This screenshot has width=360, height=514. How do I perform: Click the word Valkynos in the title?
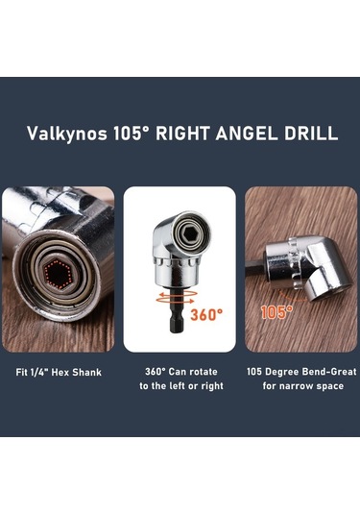point(67,134)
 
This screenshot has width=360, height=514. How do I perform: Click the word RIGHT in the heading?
point(182,134)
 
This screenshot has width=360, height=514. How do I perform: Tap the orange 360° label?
point(206,315)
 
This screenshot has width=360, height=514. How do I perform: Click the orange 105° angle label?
point(276,312)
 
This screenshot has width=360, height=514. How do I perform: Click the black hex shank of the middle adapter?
point(177,315)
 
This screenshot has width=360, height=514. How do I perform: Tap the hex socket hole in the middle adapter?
point(190,233)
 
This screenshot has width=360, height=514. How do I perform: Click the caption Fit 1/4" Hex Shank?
point(59,373)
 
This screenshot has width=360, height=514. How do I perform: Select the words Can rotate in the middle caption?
point(193,372)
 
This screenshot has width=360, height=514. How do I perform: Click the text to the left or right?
point(181,386)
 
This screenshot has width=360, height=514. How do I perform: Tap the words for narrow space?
point(303,386)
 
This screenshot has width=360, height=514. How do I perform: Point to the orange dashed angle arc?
point(292,296)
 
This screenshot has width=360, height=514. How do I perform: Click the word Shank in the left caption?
point(86,373)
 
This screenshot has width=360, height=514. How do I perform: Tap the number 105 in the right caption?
point(254,372)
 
